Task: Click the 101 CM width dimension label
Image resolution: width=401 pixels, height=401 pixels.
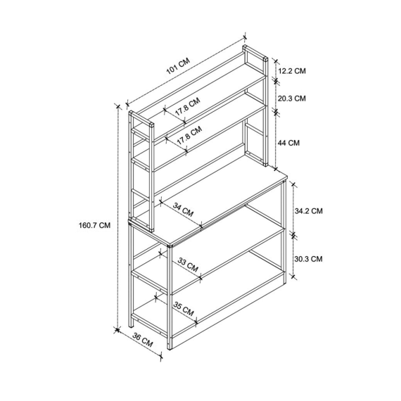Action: tap(178, 65)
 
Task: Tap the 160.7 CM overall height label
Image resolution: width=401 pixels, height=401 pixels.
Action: tap(95, 225)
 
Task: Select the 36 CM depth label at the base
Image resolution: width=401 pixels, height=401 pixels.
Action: tap(143, 340)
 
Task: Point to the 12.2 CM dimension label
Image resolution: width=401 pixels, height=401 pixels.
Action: tap(292, 71)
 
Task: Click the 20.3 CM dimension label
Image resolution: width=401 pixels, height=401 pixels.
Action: tap(292, 98)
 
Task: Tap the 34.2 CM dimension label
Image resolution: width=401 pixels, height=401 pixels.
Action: tap(309, 211)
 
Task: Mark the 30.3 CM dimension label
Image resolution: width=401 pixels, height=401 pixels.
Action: tap(308, 259)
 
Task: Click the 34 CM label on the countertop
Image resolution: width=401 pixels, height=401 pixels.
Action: tap(183, 210)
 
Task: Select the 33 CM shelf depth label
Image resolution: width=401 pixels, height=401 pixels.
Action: tap(188, 265)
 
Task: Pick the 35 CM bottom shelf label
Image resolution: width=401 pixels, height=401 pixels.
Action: tap(184, 309)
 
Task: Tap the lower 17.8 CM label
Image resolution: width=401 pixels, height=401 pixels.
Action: tap(189, 134)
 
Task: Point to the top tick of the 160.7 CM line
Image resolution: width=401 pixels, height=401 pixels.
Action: tap(117, 106)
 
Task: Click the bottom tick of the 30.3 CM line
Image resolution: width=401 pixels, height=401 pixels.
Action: tap(293, 276)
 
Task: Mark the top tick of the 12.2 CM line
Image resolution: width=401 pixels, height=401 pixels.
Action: tap(276, 61)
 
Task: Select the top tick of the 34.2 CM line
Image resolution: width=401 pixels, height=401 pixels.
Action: tap(293, 184)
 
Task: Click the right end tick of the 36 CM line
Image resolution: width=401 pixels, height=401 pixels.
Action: tap(161, 355)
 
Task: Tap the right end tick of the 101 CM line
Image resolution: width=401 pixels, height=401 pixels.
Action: tap(246, 37)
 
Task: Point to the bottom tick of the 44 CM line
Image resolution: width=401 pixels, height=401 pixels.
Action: tap(276, 169)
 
